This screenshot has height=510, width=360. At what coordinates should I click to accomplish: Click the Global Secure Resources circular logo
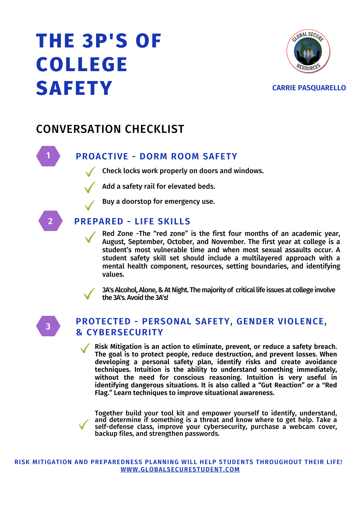(308, 51)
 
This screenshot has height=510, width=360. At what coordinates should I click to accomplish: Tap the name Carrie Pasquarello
(309, 88)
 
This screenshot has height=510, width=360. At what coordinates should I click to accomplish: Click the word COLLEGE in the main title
(82, 64)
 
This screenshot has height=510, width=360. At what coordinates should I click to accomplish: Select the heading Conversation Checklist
(110, 129)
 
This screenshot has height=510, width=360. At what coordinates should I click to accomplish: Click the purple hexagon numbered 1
(48, 156)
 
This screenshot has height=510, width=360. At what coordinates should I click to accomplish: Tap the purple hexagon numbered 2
(50, 221)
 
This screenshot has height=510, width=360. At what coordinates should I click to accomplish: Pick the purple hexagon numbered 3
(48, 326)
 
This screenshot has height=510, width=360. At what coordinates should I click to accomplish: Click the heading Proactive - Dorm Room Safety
(156, 156)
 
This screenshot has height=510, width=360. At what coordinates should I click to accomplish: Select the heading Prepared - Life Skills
(132, 221)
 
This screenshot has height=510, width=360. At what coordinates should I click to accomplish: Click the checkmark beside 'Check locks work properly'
(90, 172)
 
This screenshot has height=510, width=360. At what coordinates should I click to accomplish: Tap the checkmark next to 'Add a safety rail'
(90, 187)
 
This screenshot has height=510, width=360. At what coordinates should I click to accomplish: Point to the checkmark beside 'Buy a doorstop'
(90, 205)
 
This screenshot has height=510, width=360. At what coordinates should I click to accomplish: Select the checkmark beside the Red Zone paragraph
(90, 237)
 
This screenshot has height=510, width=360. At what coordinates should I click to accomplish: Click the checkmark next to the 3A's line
(89, 294)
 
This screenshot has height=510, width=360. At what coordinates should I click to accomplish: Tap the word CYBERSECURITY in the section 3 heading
(125, 333)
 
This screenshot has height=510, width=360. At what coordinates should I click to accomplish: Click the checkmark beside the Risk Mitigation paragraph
(85, 348)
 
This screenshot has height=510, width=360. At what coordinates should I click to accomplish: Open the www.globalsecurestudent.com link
(180, 469)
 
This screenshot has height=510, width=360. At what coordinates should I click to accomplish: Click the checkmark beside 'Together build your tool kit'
(83, 425)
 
